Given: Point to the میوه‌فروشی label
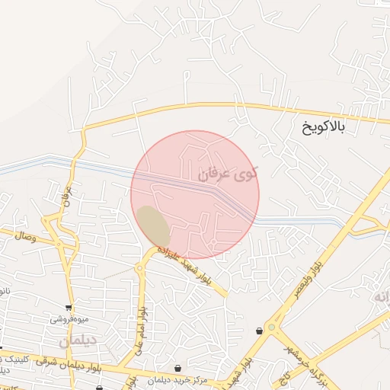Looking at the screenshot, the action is click(x=69, y=318).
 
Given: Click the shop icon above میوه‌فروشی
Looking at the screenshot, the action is click(x=69, y=308).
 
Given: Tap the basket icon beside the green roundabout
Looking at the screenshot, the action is click(x=261, y=330).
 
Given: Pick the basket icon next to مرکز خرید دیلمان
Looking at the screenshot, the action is click(x=177, y=368).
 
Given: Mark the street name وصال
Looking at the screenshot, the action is click(x=24, y=237).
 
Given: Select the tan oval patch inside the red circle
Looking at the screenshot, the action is click(x=153, y=225).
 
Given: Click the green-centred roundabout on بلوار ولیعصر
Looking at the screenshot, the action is click(x=271, y=328).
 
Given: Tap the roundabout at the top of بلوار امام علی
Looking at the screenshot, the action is click(x=140, y=268).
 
